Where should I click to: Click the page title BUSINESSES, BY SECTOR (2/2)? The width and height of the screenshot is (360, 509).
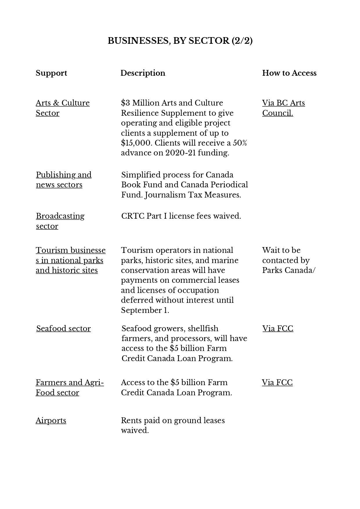180,41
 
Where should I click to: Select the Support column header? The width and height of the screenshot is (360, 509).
51,73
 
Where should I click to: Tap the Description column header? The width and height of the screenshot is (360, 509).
143,73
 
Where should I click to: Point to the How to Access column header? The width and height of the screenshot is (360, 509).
289,73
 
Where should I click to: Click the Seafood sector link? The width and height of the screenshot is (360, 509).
64,329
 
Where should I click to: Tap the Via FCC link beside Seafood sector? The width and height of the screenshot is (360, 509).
278,329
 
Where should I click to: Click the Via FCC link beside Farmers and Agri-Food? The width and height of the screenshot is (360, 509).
277,383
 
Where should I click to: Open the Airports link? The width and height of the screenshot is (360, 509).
51,421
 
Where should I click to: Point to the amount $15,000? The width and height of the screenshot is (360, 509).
136,143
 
